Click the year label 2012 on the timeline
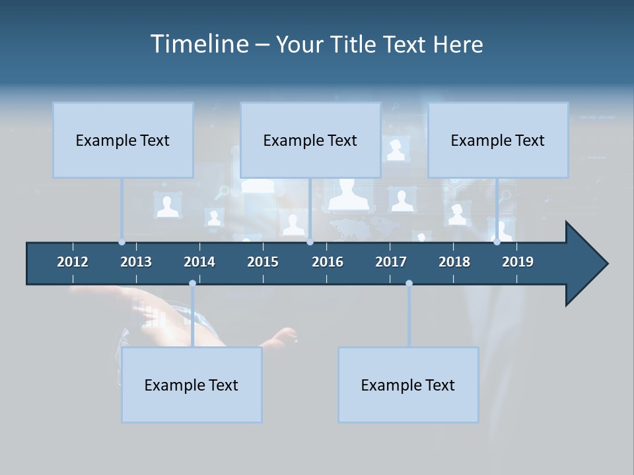point(73,262)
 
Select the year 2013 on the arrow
point(136,262)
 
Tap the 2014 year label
point(199,262)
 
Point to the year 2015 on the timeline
point(263,262)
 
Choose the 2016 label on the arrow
point(328,262)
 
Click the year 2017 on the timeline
point(391,262)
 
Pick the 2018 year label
point(454,262)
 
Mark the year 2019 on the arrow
point(518,262)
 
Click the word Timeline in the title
point(197,44)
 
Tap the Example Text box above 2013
point(123,140)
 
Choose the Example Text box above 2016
point(310,140)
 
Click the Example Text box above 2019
point(498,140)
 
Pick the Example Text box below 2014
point(192,385)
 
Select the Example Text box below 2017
point(408,385)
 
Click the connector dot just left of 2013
point(122,242)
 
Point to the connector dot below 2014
point(192,284)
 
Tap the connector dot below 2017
point(409,284)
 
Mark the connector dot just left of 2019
point(497,242)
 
